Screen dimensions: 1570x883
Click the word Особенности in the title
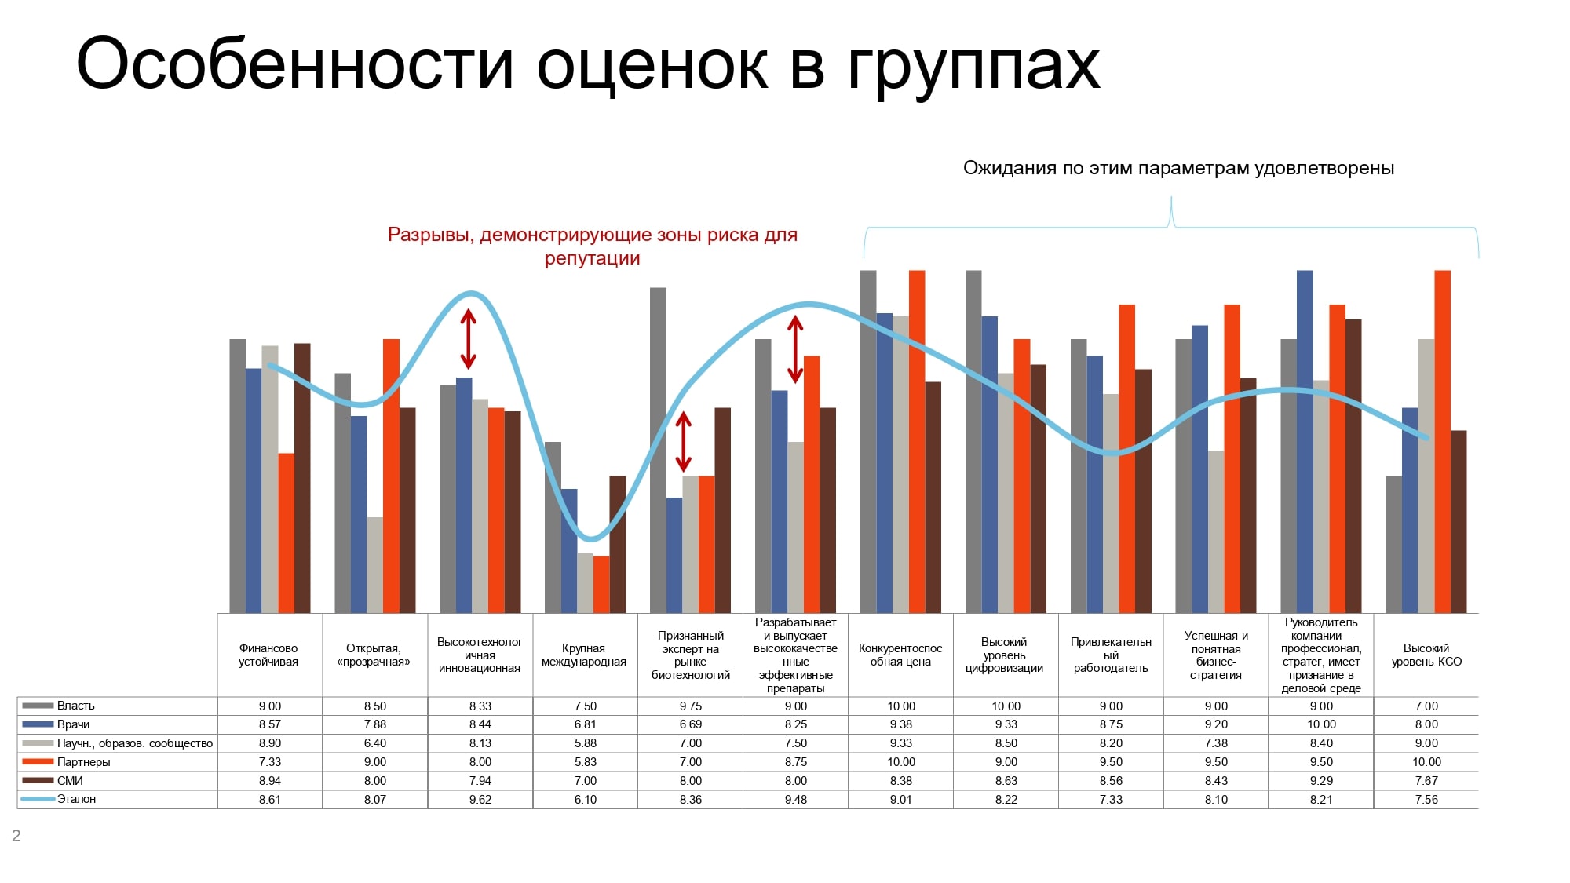(x=295, y=64)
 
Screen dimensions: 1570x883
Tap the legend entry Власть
(x=75, y=706)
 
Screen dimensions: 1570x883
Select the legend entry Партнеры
(x=83, y=762)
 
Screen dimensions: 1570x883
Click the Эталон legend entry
(x=76, y=799)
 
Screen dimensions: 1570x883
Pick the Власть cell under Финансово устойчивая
(x=270, y=706)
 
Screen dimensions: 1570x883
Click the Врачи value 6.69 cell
(x=691, y=724)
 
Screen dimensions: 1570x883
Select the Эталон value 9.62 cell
(x=480, y=800)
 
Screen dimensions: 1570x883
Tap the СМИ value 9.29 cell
(x=1322, y=781)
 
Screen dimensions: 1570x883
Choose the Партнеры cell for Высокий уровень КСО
(x=1427, y=762)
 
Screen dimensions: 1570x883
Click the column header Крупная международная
(x=584, y=655)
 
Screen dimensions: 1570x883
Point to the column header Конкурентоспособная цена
(x=900, y=655)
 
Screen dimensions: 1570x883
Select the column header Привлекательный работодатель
(x=1111, y=655)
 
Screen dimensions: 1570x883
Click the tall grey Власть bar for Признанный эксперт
(x=658, y=451)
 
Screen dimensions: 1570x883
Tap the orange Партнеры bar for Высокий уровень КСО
(x=1443, y=442)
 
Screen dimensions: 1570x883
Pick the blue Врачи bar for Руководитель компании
(x=1305, y=442)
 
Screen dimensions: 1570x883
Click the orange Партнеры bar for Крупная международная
(x=601, y=585)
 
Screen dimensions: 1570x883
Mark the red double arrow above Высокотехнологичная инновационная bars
(x=469, y=339)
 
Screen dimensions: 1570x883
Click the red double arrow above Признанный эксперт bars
(x=684, y=442)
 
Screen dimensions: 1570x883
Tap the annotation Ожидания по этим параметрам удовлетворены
(x=1178, y=169)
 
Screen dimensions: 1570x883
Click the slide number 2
(x=16, y=836)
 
